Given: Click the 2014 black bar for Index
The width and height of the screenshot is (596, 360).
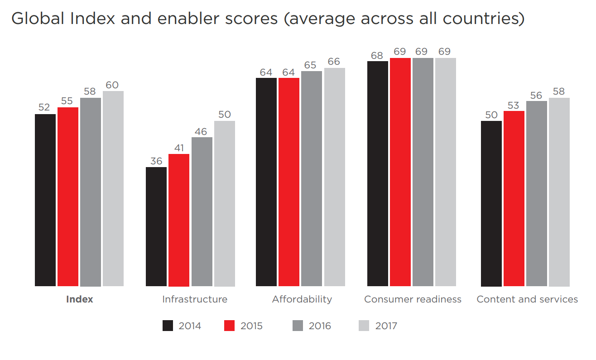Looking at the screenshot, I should [x=45, y=200].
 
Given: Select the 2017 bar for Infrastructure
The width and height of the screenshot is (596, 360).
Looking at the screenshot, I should [x=225, y=203].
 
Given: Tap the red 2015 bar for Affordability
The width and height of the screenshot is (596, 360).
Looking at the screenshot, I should [x=289, y=182].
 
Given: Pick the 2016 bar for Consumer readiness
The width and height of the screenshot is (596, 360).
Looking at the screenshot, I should [x=423, y=172].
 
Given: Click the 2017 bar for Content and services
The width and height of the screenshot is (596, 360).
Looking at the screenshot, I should [x=559, y=192].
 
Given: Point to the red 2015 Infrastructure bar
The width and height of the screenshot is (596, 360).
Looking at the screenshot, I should [x=179, y=220].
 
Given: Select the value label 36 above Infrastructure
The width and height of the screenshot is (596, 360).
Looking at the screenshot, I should [x=156, y=161].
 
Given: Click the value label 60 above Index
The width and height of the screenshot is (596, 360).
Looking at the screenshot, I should [x=113, y=85].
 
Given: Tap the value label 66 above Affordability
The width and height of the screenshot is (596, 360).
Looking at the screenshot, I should [x=334, y=62].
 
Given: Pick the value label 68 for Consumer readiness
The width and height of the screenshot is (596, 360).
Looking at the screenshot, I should [x=377, y=55].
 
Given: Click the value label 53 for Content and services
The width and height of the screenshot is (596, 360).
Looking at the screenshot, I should [x=514, y=105].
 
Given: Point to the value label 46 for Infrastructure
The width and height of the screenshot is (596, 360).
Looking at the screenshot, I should [x=201, y=131].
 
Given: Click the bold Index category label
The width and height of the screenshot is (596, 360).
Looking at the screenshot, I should [x=79, y=299].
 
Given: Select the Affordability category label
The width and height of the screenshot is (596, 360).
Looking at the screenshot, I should [x=302, y=299].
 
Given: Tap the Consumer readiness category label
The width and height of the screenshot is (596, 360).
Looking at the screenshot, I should [x=413, y=299].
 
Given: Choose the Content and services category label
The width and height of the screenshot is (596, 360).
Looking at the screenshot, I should [x=527, y=299].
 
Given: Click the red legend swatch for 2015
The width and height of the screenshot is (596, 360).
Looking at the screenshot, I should [x=230, y=326].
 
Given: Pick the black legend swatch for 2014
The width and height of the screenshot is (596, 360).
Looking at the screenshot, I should [x=168, y=326].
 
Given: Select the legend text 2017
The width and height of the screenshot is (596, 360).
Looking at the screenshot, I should [x=386, y=326].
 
